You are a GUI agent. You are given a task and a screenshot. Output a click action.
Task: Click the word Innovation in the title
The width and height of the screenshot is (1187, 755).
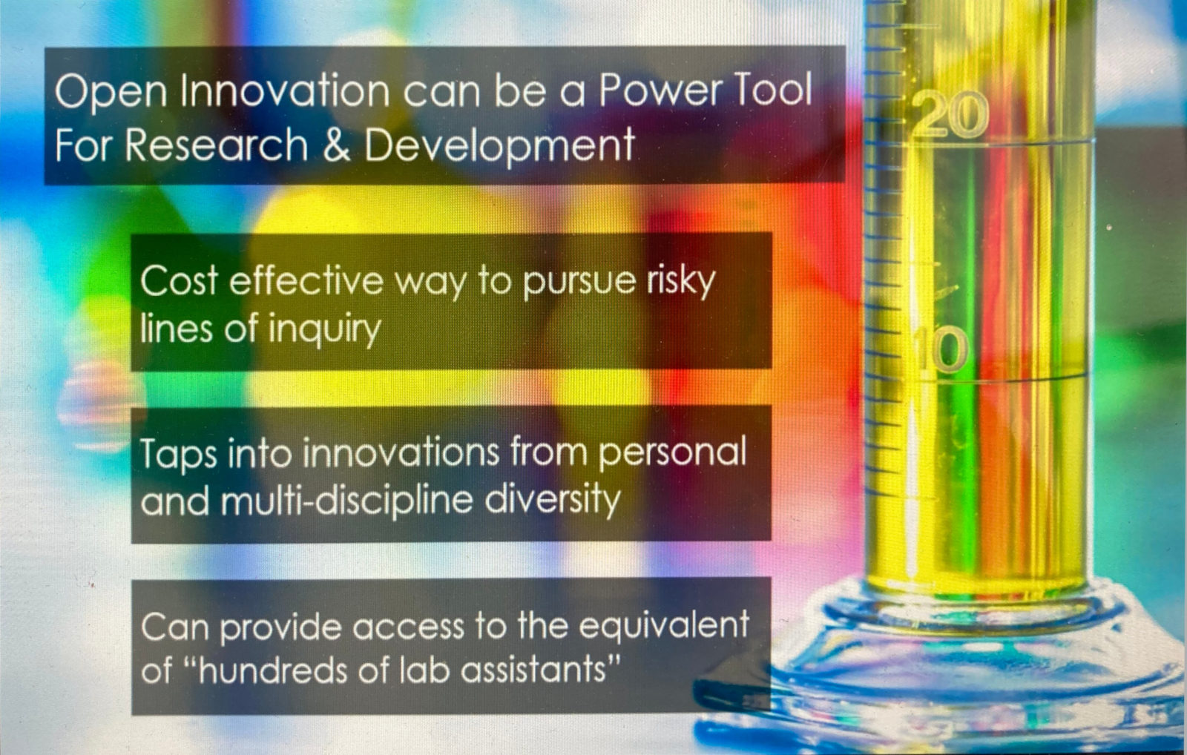pyautogui.click(x=285, y=91)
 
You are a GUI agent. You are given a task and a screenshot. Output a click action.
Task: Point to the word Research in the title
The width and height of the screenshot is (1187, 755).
pyautogui.click(x=216, y=145)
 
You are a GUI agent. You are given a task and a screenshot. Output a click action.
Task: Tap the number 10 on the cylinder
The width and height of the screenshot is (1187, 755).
pyautogui.click(x=941, y=349)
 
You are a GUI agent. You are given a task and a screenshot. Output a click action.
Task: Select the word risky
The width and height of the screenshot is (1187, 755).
pyautogui.click(x=681, y=283)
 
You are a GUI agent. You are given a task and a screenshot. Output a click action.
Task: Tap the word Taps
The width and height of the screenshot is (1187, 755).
pyautogui.click(x=178, y=455)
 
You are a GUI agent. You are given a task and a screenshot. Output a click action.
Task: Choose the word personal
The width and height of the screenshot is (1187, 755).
pyautogui.click(x=672, y=453)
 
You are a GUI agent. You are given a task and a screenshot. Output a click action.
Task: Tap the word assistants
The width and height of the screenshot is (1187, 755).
pyautogui.click(x=537, y=671)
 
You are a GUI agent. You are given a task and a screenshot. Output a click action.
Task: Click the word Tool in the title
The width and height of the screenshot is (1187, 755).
pyautogui.click(x=775, y=90)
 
